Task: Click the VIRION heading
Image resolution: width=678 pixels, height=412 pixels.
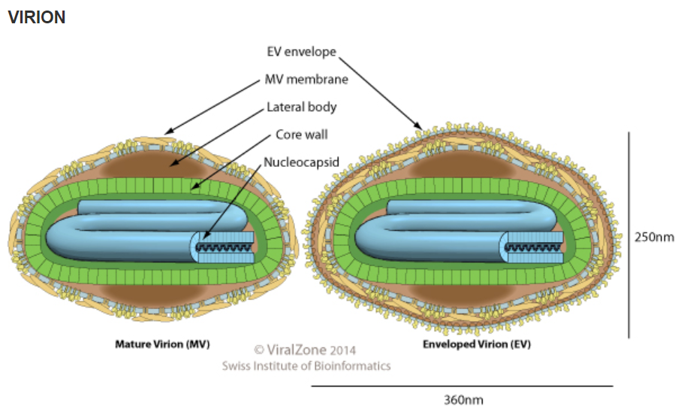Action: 37,17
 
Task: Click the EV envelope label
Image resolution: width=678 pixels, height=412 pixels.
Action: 301,51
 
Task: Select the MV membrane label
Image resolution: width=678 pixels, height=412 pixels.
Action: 306,79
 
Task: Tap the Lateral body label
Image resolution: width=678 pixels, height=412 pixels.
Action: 301,107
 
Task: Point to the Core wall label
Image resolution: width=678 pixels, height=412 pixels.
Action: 301,135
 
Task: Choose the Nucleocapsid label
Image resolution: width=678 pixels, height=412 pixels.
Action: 301,162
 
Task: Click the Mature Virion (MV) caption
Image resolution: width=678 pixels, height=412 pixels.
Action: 162,344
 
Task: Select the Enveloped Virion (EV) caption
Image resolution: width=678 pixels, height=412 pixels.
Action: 477,344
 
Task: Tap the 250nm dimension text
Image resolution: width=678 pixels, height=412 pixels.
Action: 654,237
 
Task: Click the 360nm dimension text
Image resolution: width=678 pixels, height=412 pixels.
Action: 463,400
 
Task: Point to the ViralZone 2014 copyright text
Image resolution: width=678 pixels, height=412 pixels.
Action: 305,350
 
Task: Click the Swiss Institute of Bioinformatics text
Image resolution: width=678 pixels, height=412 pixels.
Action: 306,366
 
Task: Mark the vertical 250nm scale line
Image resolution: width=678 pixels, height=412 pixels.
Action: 628,235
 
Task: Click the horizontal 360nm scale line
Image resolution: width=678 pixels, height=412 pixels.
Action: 463,386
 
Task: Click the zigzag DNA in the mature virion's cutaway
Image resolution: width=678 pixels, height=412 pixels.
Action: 224,247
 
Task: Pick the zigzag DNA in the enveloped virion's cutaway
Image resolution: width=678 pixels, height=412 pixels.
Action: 534,247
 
